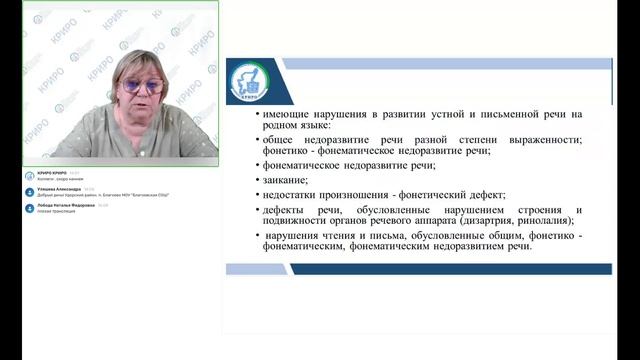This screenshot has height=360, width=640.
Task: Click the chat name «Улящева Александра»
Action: coord(60,188)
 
